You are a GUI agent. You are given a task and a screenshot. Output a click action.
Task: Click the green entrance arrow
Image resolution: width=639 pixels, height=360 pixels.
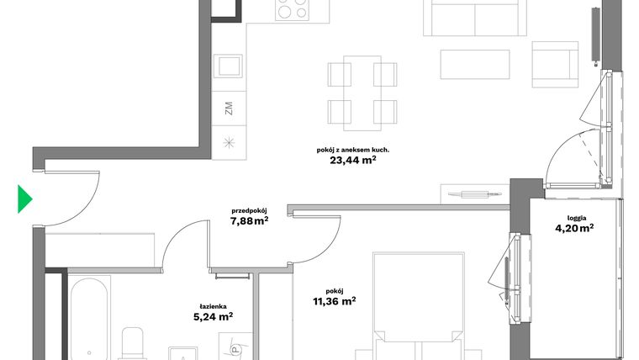(x=25, y=199)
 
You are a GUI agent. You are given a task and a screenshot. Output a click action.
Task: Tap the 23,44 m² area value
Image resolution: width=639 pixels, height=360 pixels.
(x=353, y=163)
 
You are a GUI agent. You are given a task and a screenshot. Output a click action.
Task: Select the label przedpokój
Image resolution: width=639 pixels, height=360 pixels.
(x=250, y=211)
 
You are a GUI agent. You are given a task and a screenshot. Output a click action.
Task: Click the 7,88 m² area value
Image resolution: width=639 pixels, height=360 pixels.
(x=250, y=222)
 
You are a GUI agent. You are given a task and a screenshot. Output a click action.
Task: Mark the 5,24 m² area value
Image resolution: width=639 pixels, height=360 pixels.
(x=213, y=318)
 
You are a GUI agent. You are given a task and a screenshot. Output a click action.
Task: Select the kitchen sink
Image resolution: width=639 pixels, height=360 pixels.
(x=229, y=65)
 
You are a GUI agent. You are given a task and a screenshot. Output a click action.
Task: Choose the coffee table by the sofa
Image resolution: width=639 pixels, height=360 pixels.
(x=476, y=63)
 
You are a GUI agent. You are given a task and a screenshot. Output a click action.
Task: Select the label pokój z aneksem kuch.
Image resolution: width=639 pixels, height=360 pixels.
(x=352, y=150)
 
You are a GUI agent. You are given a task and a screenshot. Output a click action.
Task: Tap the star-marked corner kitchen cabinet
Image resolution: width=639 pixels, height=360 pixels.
(x=229, y=141)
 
